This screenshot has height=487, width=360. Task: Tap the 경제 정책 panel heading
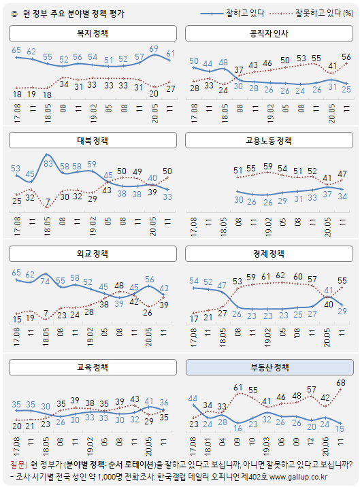pyautogui.click(x=269, y=255)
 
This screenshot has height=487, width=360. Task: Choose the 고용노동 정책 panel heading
pyautogui.click(x=269, y=141)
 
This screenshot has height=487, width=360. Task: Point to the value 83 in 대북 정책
pyautogui.click(x=48, y=165)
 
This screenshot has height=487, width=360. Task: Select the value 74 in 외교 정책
pyautogui.click(x=46, y=280)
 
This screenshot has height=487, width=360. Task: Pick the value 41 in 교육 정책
pyautogui.click(x=150, y=401)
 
